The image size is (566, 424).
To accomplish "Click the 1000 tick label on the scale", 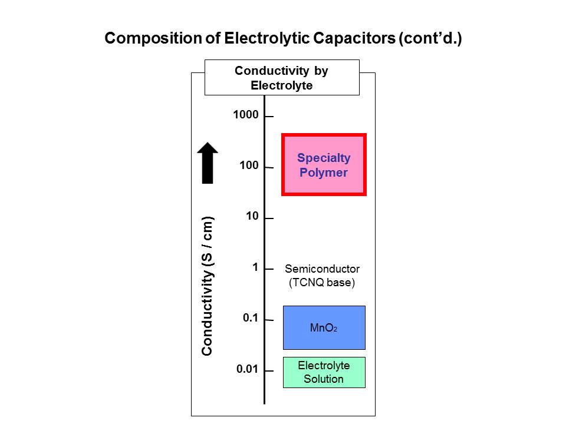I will pyautogui.click(x=246, y=115).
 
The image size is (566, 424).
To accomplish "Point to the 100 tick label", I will pyautogui.click(x=249, y=165).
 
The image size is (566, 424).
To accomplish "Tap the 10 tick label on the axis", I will pyautogui.click(x=252, y=216).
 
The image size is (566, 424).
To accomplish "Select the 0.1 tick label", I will pyautogui.click(x=251, y=318).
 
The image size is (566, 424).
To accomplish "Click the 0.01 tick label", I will pyautogui.click(x=248, y=369).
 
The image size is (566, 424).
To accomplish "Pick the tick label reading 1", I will pyautogui.click(x=255, y=267).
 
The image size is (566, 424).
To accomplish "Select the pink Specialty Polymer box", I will pyautogui.click(x=324, y=165).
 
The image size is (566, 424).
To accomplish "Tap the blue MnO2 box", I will pyautogui.click(x=324, y=327).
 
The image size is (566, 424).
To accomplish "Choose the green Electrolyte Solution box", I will pyautogui.click(x=324, y=372).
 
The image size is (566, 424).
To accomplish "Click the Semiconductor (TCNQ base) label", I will pyautogui.click(x=322, y=275).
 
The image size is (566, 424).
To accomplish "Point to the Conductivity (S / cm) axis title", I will pyautogui.click(x=207, y=286).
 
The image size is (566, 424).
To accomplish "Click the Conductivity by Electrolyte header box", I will pyautogui.click(x=281, y=78).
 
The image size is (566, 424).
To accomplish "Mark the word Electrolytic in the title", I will pyautogui.click(x=262, y=39).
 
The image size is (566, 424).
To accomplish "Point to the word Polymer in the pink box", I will pyautogui.click(x=324, y=173).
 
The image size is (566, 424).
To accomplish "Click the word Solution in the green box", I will pyautogui.click(x=324, y=379).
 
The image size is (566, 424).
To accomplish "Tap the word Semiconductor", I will pyautogui.click(x=322, y=269).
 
